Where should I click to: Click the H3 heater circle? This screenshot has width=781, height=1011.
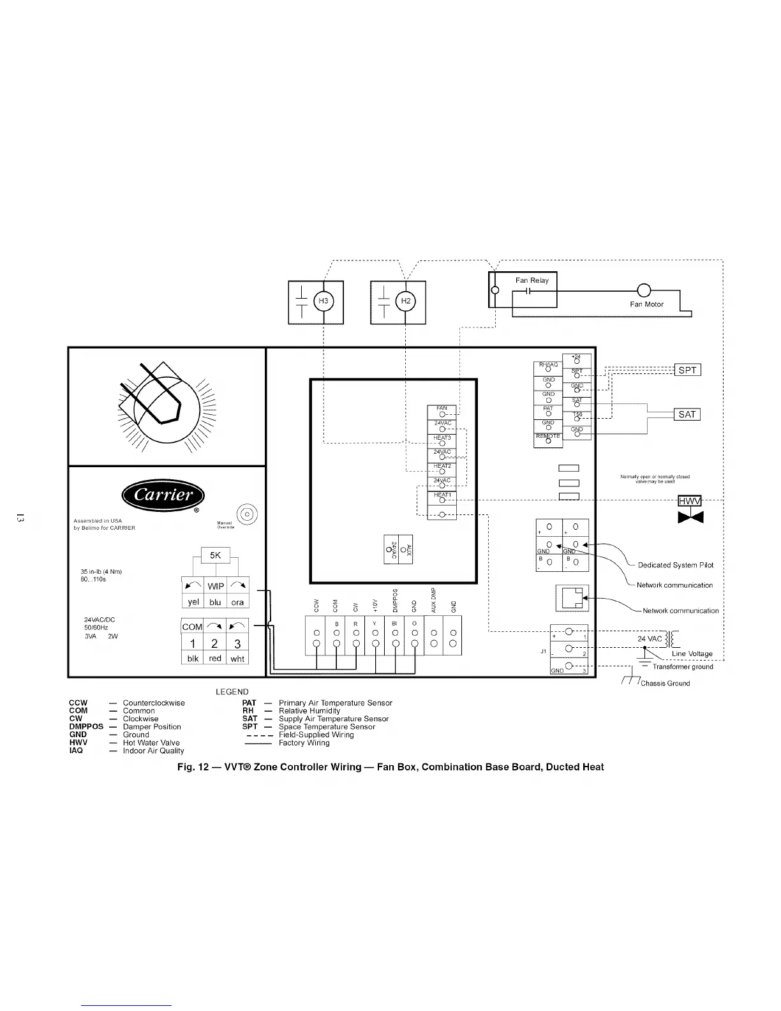click(x=324, y=301)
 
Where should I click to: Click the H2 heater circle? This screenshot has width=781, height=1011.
click(x=405, y=301)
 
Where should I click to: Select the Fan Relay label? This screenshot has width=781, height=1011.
click(x=532, y=280)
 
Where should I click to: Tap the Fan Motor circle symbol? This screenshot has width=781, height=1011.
click(x=643, y=290)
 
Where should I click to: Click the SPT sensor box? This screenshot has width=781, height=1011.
click(x=687, y=370)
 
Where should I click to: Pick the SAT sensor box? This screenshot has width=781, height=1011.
click(x=687, y=414)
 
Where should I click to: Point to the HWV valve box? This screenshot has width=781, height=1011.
click(x=690, y=501)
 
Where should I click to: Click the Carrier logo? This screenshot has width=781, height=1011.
click(x=163, y=496)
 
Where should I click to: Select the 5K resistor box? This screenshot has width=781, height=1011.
click(x=216, y=555)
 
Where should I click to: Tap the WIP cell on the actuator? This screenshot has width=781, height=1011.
click(x=216, y=586)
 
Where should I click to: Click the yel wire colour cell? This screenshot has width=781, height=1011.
click(x=193, y=602)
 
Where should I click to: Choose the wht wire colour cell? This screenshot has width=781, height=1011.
click(x=237, y=659)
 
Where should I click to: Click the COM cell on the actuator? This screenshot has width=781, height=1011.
click(x=192, y=627)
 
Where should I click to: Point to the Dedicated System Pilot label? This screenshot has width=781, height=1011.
click(x=676, y=565)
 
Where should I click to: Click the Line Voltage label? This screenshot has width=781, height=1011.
click(x=692, y=654)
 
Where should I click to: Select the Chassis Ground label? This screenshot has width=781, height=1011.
click(x=665, y=683)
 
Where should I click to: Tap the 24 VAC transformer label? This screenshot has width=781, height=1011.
click(x=650, y=639)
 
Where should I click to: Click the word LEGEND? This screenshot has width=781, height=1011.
click(x=232, y=692)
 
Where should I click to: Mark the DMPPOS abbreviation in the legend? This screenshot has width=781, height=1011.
click(x=86, y=727)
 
